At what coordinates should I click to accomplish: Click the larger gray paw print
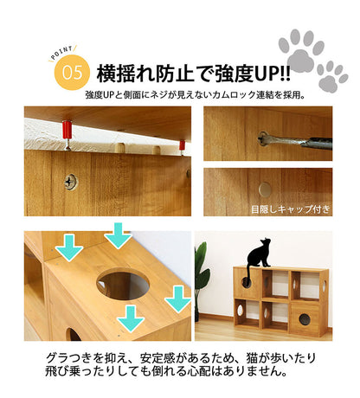301,53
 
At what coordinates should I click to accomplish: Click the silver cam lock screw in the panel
67,183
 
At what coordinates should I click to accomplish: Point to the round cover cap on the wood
265,188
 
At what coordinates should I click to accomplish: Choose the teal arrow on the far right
177,298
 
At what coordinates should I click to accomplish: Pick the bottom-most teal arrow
130,317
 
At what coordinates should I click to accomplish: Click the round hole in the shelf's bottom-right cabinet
305,319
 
